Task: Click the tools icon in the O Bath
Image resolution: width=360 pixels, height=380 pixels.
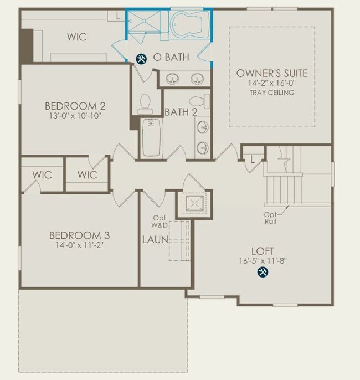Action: (x=141, y=58)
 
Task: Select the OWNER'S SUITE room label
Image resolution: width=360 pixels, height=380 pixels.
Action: (x=272, y=73)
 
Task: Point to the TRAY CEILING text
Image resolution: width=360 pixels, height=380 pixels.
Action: (x=272, y=93)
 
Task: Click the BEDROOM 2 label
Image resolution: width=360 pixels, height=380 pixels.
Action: (x=75, y=106)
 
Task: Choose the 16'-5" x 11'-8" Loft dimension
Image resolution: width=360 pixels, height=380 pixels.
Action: (x=263, y=260)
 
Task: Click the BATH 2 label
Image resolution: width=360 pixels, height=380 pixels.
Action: (x=181, y=112)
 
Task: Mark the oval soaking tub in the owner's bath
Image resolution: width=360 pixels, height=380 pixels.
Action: (x=189, y=25)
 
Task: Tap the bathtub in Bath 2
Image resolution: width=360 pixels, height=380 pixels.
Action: (x=151, y=137)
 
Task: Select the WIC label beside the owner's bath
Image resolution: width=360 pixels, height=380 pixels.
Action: (x=76, y=38)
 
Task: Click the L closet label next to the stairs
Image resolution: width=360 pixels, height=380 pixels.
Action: (x=253, y=159)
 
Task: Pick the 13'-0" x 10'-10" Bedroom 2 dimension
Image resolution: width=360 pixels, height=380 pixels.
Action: (x=75, y=116)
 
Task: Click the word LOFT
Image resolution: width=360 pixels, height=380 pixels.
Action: (x=263, y=250)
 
